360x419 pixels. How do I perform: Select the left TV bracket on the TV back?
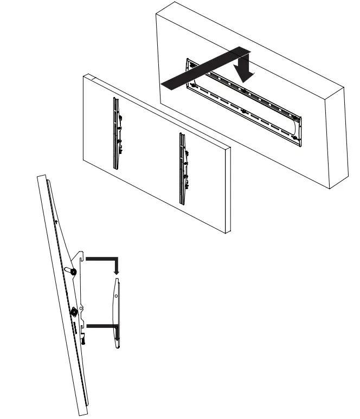tap(115, 133)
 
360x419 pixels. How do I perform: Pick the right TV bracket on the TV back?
tap(183, 168)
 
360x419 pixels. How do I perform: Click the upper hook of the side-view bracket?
tap(80, 254)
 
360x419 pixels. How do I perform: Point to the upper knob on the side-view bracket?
tap(72, 270)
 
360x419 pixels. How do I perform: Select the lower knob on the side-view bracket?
tap(73, 312)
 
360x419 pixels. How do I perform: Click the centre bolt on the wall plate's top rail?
tap(242, 89)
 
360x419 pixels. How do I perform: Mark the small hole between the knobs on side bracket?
tap(81, 309)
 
